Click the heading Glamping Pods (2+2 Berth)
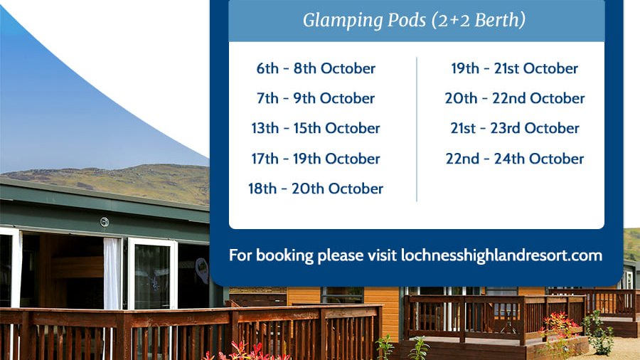414,21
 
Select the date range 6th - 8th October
316,69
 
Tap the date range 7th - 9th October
316,99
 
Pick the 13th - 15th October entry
316,129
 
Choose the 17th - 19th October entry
316,159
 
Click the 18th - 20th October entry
316,189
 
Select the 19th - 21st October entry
514,69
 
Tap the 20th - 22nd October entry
515,99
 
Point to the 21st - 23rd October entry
515,129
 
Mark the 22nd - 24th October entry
515,159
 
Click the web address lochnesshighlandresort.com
501,255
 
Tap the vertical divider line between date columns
417,128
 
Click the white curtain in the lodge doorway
112,273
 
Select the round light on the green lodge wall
105,222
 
